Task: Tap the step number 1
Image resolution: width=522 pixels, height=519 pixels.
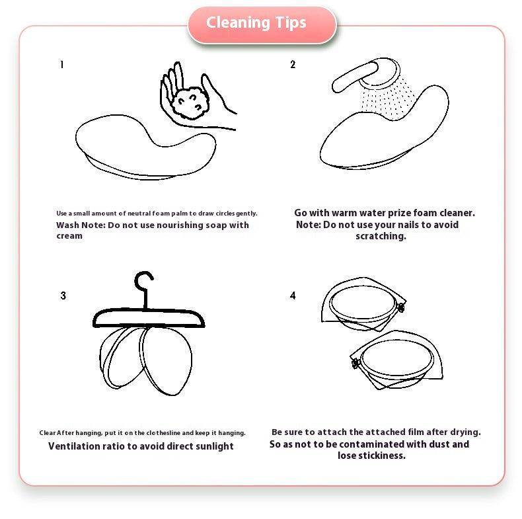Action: (61, 64)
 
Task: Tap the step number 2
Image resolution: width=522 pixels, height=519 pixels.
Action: (293, 64)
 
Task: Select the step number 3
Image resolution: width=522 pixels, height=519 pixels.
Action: (63, 296)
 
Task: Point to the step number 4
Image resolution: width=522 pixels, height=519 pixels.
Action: (293, 296)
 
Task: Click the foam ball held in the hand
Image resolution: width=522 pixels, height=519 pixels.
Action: (190, 102)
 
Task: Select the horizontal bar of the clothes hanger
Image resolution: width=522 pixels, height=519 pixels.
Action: (149, 319)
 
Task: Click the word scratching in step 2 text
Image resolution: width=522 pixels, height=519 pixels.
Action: (381, 236)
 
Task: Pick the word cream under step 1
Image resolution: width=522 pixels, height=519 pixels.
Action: (69, 236)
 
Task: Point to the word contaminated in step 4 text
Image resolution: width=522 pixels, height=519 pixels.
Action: (371, 444)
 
